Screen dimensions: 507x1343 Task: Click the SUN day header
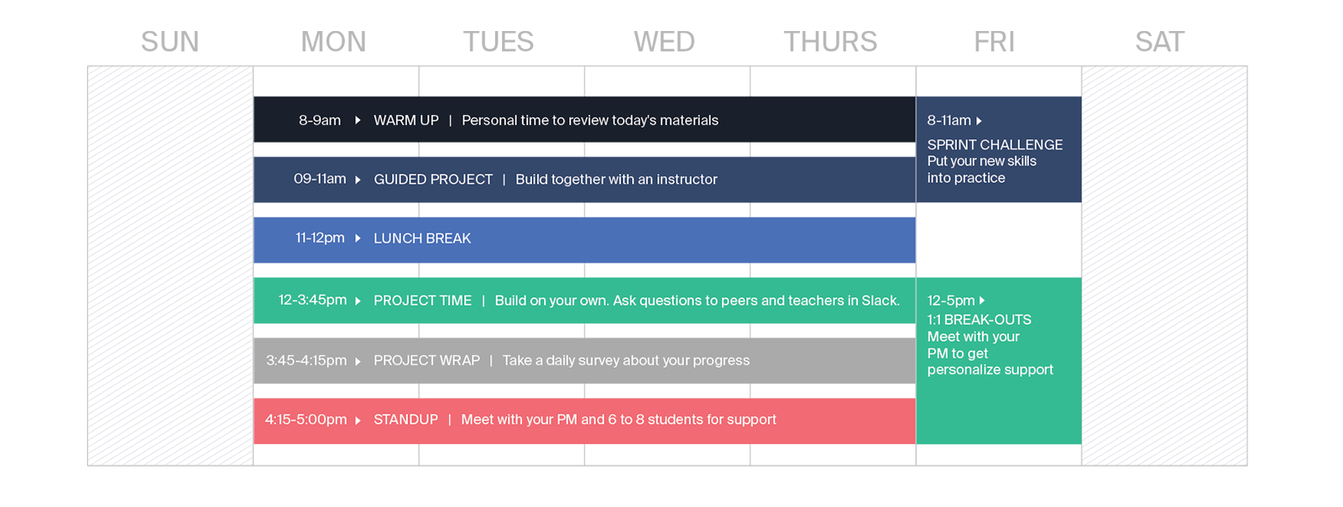170,42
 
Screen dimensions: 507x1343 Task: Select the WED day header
664,42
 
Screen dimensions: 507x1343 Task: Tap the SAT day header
1159,42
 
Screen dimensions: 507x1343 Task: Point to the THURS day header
830,42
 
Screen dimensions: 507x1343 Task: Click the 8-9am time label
320,120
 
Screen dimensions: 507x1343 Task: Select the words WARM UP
405,120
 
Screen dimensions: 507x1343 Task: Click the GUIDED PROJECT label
433,180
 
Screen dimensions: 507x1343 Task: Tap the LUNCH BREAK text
422,238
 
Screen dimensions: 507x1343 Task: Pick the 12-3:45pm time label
312,300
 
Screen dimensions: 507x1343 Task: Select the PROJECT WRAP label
426,360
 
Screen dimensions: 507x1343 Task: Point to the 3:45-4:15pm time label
306,360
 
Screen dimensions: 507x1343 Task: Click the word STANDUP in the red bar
405,420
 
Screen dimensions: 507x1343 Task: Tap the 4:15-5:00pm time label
306,420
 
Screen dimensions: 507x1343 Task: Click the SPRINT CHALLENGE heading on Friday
995,144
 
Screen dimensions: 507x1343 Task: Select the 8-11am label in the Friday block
948,121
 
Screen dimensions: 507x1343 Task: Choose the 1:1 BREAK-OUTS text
979,320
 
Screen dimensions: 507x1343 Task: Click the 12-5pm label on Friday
951,301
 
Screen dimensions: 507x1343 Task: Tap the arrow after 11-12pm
358,238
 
